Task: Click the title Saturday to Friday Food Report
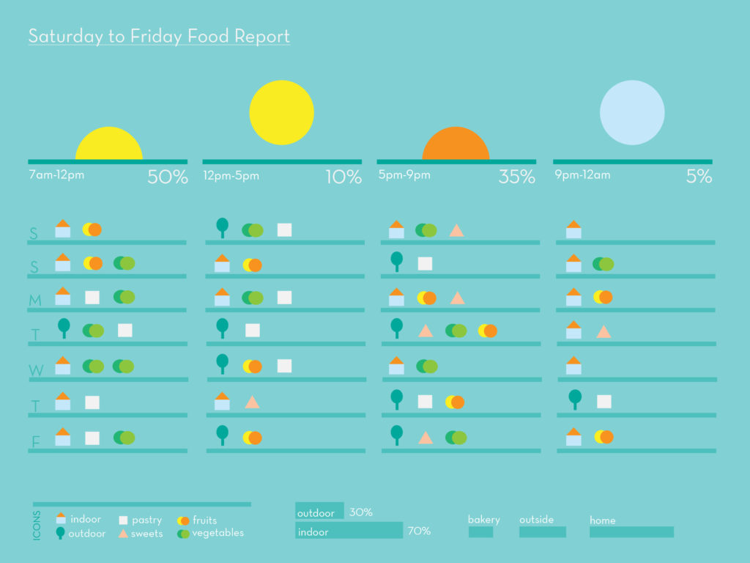click(159, 36)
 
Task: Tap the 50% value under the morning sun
click(168, 177)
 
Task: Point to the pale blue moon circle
click(632, 113)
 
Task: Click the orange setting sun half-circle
click(456, 145)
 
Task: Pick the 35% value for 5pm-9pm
click(517, 177)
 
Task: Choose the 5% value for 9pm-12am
click(699, 177)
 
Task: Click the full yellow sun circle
click(281, 113)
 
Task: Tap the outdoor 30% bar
click(319, 512)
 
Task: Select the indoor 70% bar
click(349, 531)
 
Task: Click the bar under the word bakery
click(480, 532)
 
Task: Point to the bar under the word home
click(631, 532)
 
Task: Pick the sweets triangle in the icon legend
click(123, 534)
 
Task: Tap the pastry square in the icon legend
click(123, 520)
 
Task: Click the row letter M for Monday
click(35, 301)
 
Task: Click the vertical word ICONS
click(37, 526)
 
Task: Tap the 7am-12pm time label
click(56, 175)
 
